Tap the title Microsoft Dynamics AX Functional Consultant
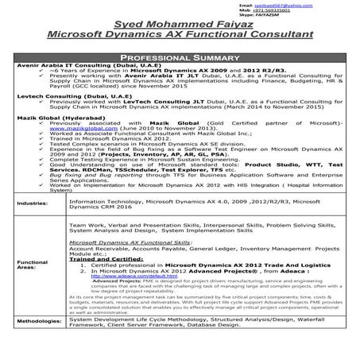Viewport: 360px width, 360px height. pyautogui.click(x=180, y=35)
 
